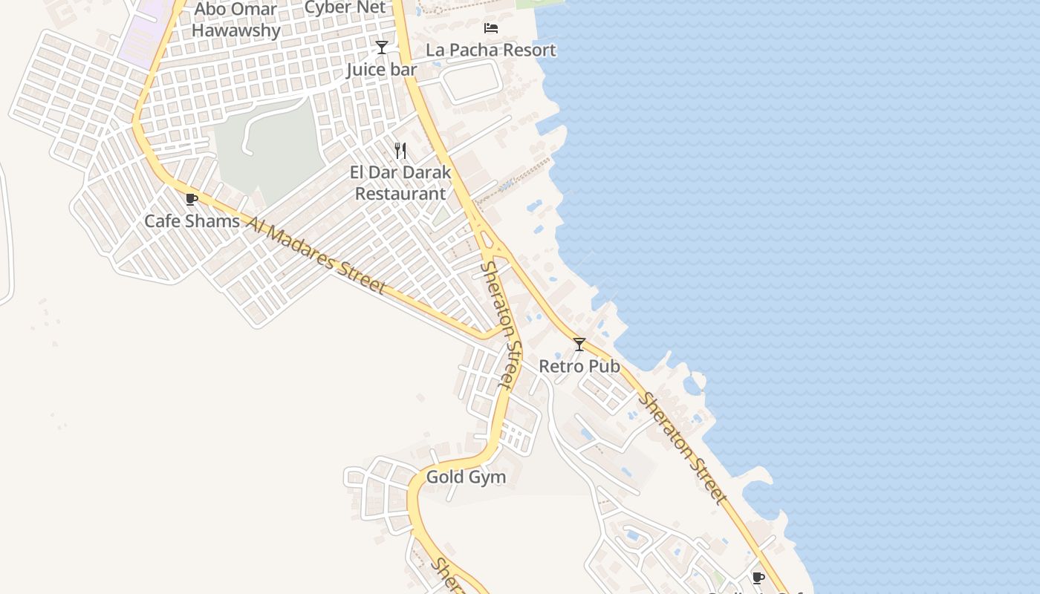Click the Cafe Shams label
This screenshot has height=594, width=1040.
(192, 221)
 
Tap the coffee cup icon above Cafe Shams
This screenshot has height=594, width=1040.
(191, 199)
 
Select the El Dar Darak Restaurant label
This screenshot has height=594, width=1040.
(400, 183)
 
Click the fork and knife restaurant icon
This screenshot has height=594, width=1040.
(400, 151)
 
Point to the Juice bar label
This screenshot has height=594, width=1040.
(382, 70)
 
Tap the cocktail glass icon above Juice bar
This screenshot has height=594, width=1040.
(382, 48)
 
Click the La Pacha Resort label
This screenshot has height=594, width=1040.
(491, 50)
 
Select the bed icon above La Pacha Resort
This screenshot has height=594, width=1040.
(491, 28)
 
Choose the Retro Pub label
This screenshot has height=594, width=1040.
(579, 366)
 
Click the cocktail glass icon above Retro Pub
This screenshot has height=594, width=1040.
(579, 345)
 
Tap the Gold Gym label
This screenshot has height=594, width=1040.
(466, 477)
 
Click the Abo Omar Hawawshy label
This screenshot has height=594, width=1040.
(236, 20)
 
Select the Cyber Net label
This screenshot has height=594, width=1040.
(345, 8)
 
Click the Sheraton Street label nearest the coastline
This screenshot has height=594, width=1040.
(682, 448)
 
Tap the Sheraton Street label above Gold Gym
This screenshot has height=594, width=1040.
(498, 324)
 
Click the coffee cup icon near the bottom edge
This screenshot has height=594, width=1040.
(758, 578)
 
